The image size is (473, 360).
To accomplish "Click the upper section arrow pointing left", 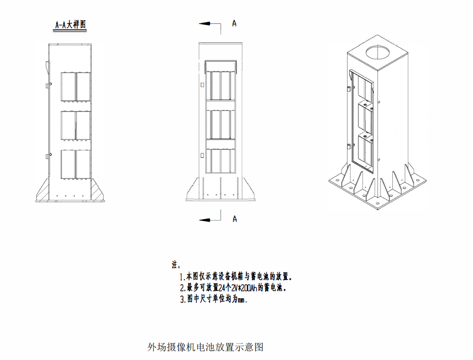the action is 210,24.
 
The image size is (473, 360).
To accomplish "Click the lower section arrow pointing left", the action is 210,220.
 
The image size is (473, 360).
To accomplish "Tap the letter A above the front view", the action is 234,23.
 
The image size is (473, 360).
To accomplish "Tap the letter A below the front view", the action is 235,219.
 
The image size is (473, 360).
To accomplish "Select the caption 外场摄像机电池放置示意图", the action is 206,347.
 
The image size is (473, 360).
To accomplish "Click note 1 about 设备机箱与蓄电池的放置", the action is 236,276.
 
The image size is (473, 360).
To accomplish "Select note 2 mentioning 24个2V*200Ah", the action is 233,288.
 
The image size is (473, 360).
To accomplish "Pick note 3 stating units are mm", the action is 214,299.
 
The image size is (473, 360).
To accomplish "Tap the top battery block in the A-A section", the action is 76,87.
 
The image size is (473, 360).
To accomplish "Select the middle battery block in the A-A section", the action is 76,125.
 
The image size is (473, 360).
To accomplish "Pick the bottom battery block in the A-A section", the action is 76,164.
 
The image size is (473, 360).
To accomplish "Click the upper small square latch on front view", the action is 202,85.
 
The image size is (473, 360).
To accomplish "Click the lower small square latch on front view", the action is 202,155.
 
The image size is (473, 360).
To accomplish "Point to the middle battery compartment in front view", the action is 221,124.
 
